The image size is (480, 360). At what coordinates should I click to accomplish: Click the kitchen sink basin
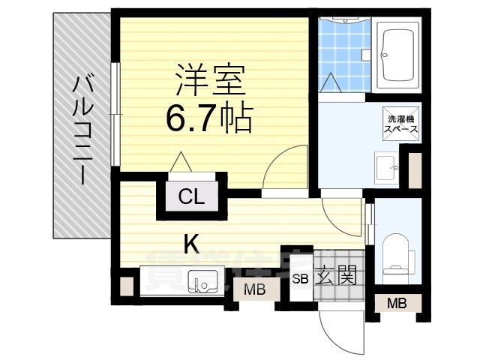(x=202, y=283)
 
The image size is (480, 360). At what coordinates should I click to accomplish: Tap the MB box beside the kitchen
(x=253, y=289)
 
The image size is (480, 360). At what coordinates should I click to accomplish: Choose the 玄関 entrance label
(x=331, y=276)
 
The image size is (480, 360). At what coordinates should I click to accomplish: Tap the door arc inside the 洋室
(x=287, y=169)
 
